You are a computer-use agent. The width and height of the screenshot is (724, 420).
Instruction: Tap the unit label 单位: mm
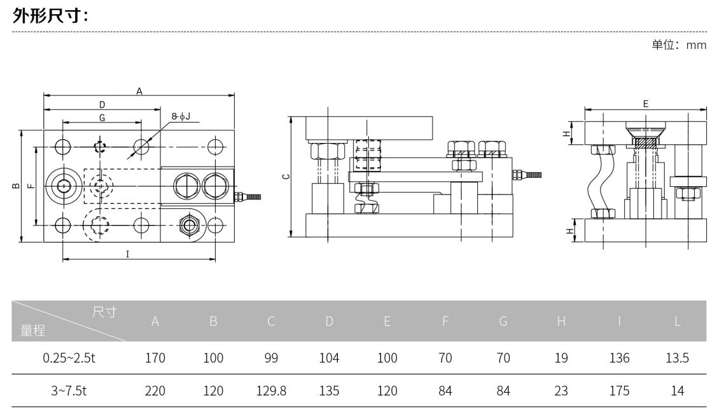[x=679, y=44]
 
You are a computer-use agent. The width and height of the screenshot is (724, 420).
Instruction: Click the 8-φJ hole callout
[x=181, y=118]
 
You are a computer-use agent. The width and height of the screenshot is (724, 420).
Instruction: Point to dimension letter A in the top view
[x=139, y=90]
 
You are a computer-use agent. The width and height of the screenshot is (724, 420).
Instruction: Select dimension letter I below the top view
[x=127, y=254]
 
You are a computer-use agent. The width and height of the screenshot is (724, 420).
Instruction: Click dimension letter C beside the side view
[x=286, y=176]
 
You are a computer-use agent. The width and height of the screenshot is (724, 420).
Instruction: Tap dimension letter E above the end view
[x=646, y=103]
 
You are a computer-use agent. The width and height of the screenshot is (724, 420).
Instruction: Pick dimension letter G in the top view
[x=102, y=118]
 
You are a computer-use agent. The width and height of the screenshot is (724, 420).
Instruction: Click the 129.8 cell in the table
[x=271, y=391]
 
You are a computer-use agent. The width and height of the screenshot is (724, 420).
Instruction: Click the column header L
[x=677, y=322]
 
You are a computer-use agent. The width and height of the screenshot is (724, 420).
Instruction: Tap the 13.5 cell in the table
[x=677, y=358]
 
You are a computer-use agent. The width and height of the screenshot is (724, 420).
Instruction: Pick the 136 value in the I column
[x=619, y=358]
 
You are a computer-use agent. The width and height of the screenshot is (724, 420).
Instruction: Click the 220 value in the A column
[x=155, y=391]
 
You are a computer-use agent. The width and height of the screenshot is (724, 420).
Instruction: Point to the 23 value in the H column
[x=560, y=391]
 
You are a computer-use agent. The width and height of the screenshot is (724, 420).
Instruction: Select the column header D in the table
[x=329, y=322]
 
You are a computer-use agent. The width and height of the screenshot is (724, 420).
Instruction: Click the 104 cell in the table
[x=329, y=358]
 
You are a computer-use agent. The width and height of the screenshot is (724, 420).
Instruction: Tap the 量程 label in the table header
[x=33, y=330]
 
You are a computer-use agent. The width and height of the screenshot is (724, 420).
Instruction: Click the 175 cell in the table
[x=619, y=391]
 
